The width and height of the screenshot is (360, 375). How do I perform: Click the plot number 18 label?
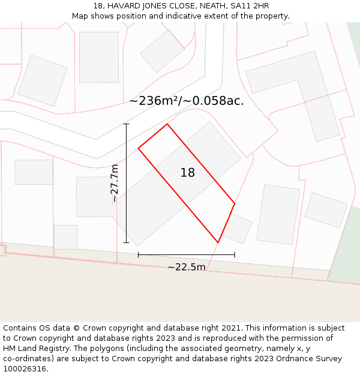coord(187,173)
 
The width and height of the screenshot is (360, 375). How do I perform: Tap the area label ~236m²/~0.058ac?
coord(186,101)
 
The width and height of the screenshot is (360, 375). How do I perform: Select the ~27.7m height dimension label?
coord(114,183)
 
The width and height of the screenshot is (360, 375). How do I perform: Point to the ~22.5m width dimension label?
coord(186,267)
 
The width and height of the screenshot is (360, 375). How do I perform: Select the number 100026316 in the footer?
coord(24,369)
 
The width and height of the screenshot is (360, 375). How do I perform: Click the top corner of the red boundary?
coord(167,124)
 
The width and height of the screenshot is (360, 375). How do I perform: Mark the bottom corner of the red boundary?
coord(218,242)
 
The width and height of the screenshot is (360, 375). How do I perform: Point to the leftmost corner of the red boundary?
coord(139,148)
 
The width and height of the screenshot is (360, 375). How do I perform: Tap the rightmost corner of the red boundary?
coord(235,203)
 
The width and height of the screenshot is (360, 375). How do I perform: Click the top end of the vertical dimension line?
coord(126,124)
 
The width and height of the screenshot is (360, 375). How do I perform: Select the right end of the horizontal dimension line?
coord(235,254)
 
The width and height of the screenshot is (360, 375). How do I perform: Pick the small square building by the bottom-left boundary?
coord(65,237)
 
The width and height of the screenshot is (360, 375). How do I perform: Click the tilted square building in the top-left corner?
coord(43,80)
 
